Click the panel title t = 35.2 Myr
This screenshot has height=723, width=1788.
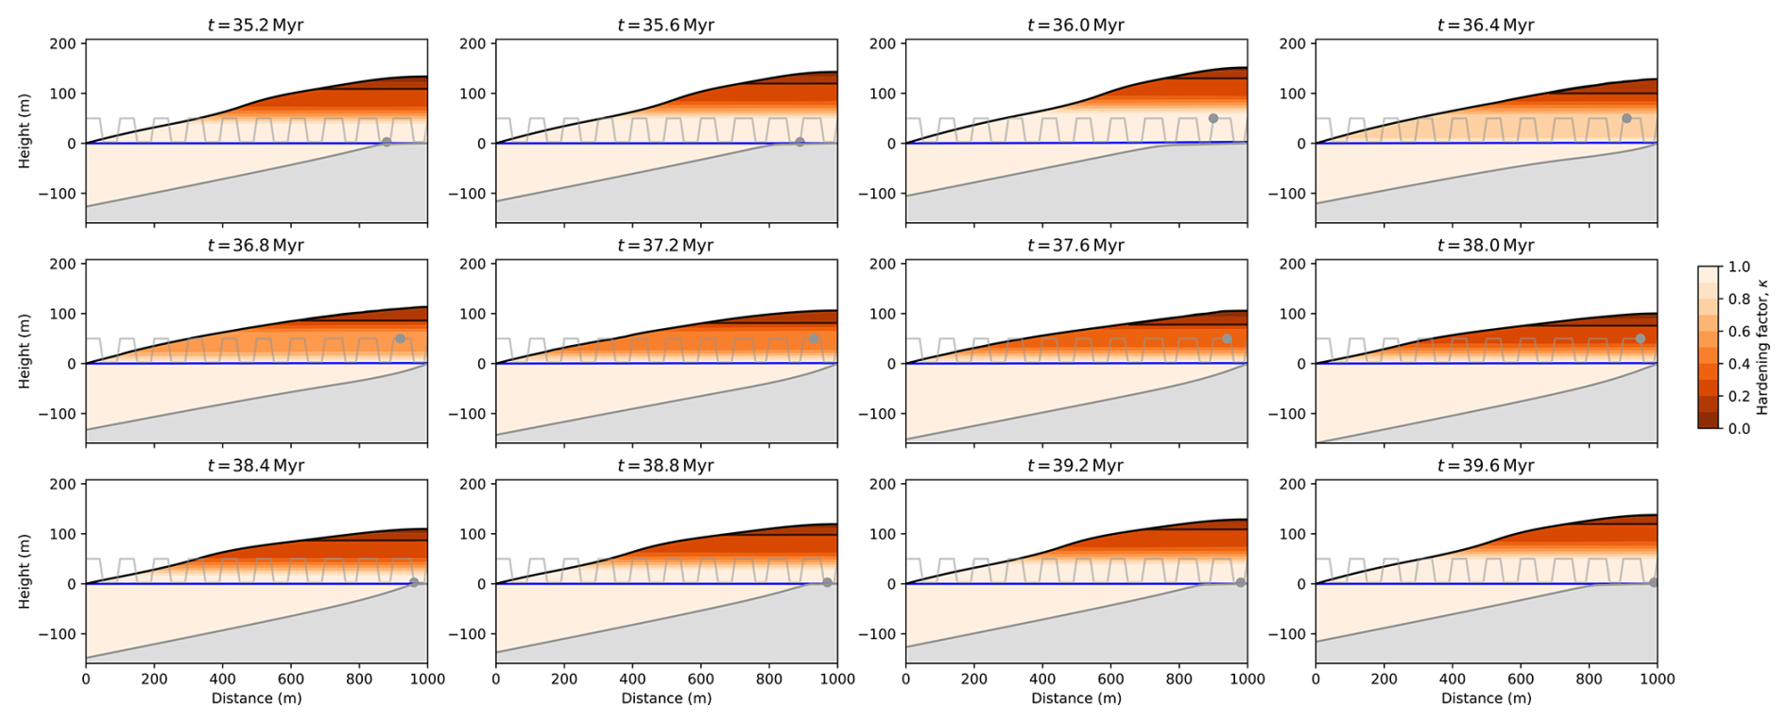pyautogui.click(x=255, y=26)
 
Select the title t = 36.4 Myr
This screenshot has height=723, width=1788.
pyautogui.click(x=1486, y=26)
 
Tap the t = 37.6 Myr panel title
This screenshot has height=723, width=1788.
pyautogui.click(x=1075, y=246)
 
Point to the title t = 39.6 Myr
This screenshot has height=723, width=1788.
pyautogui.click(x=1486, y=466)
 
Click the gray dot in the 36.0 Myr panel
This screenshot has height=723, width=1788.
pyautogui.click(x=1213, y=118)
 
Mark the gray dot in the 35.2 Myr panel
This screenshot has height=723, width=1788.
pyautogui.click(x=387, y=143)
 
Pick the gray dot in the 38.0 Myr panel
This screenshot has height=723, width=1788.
pyautogui.click(x=1641, y=338)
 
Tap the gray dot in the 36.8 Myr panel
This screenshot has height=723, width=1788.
pyautogui.click(x=400, y=338)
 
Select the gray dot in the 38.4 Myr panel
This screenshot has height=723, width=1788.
pyautogui.click(x=414, y=582)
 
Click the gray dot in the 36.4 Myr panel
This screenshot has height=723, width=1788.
pyautogui.click(x=1626, y=118)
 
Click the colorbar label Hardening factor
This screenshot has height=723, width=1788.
pyautogui.click(x=1762, y=347)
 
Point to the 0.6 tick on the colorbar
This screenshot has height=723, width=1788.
pyautogui.click(x=1739, y=332)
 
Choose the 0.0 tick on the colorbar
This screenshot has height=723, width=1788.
pyautogui.click(x=1739, y=428)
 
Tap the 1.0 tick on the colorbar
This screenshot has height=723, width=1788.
pyautogui.click(x=1739, y=267)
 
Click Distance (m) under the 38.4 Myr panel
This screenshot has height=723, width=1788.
pyautogui.click(x=256, y=698)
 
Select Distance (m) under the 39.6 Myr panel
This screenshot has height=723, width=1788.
pyautogui.click(x=1486, y=698)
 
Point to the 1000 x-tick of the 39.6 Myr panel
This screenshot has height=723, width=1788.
pyautogui.click(x=1656, y=679)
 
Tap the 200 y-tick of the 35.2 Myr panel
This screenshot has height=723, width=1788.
pyautogui.click(x=62, y=43)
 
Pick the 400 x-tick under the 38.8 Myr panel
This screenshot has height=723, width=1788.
pyautogui.click(x=632, y=679)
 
